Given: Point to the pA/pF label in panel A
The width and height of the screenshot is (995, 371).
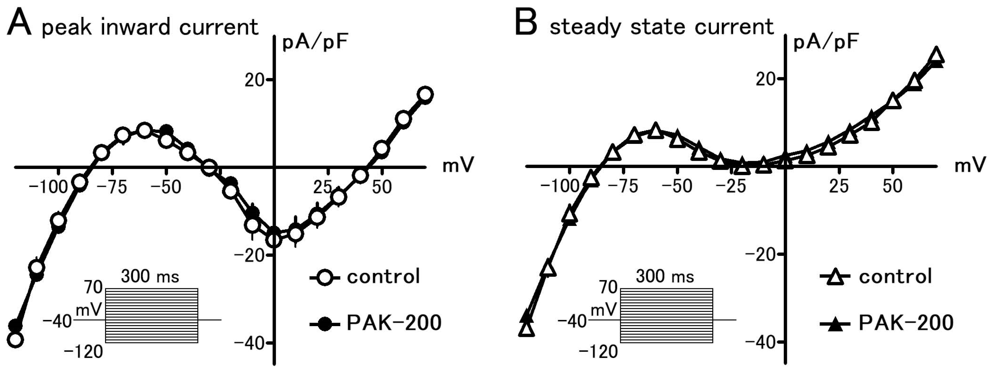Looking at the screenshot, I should pyautogui.click(x=315, y=43).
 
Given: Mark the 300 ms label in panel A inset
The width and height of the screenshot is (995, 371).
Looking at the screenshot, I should pyautogui.click(x=150, y=276).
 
